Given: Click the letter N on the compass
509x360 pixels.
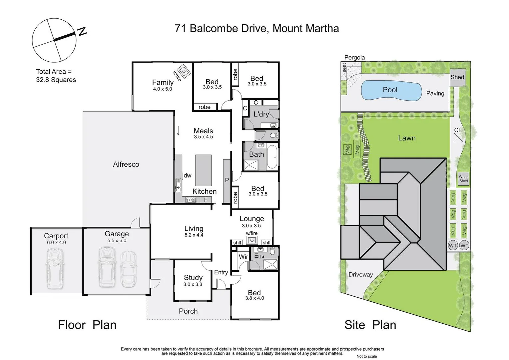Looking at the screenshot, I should [x=82, y=31].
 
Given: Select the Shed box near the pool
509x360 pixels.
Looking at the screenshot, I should [x=457, y=77].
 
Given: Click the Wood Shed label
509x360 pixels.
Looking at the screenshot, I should [x=463, y=179].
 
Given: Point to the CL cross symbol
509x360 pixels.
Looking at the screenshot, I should [x=458, y=137].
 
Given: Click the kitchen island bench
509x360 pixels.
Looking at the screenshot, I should [x=203, y=170].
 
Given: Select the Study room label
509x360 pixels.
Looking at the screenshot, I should [x=193, y=278].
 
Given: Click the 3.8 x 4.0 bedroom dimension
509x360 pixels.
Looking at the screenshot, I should [x=254, y=298].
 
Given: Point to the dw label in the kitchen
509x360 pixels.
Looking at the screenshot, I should [x=188, y=176].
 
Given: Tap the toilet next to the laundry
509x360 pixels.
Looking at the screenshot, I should [x=273, y=135].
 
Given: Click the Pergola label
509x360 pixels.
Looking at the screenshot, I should [x=354, y=57].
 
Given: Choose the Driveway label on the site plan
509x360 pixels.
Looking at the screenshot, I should [x=360, y=275].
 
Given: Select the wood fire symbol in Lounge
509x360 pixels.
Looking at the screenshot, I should [x=252, y=240].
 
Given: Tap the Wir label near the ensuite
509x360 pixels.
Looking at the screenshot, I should [x=243, y=257].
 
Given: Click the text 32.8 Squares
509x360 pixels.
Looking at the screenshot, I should [x=56, y=80].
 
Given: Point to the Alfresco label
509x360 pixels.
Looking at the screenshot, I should [x=126, y=164].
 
